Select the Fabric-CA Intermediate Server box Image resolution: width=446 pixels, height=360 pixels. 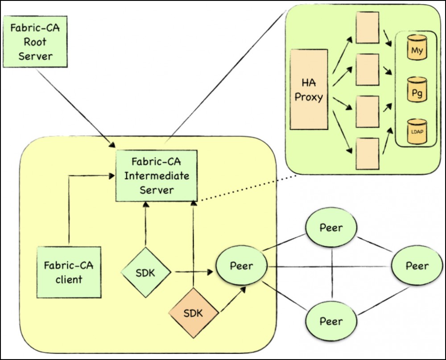(156, 176)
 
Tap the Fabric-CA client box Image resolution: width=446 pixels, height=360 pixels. (69, 272)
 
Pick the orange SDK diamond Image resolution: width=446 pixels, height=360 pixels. (193, 312)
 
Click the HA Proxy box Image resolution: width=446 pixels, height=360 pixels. (309, 89)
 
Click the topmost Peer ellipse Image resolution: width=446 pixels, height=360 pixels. (331, 228)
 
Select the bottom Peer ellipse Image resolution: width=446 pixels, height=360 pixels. (331, 321)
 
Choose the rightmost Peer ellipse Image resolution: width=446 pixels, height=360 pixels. (417, 266)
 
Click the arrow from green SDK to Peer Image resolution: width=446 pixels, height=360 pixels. (192, 271)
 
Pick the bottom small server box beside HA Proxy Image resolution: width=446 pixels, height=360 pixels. (368, 153)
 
